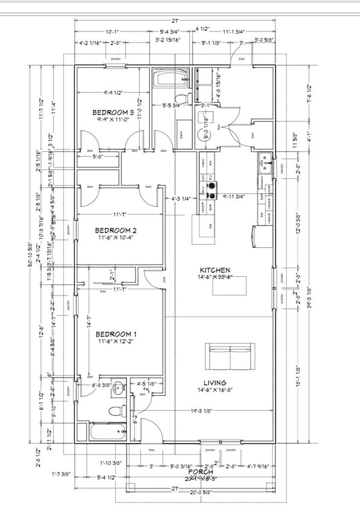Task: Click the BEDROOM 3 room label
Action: click(x=113, y=112)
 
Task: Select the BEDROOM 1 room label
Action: click(x=116, y=334)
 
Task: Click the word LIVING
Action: click(x=214, y=382)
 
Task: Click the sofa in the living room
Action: click(x=229, y=356)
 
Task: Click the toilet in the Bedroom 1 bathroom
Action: click(x=114, y=412)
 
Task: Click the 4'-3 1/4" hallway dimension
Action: click(x=181, y=198)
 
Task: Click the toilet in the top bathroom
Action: click(x=180, y=98)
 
